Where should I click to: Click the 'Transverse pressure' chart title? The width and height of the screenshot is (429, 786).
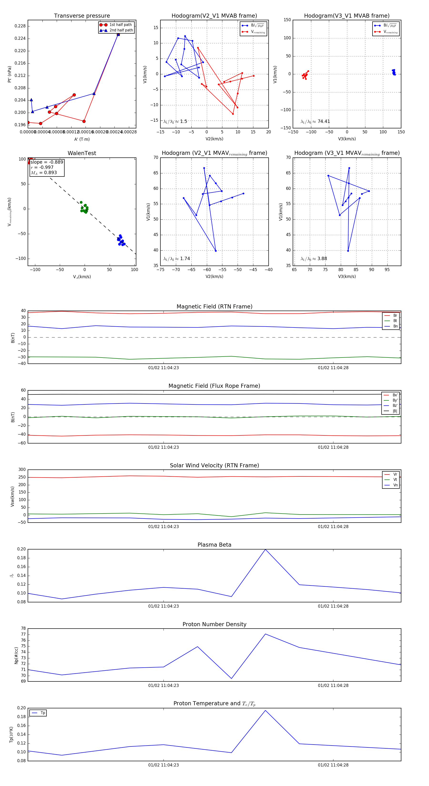click(82, 16)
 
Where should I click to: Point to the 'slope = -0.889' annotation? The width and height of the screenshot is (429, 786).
click(47, 162)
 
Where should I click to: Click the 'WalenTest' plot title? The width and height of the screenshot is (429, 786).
click(82, 153)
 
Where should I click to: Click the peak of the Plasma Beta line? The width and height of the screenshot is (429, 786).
click(265, 549)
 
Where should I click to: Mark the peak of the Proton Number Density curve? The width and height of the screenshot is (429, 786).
click(265, 634)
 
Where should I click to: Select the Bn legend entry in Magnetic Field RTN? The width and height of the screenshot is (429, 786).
click(395, 326)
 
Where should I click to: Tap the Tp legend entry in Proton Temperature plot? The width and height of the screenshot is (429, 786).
click(42, 713)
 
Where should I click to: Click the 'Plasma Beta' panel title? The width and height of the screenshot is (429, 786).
click(214, 545)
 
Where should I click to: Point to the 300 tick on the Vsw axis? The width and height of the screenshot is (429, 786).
click(22, 470)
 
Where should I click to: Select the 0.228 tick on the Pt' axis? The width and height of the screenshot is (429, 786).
click(20, 26)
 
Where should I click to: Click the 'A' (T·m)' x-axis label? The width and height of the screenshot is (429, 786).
click(82, 139)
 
